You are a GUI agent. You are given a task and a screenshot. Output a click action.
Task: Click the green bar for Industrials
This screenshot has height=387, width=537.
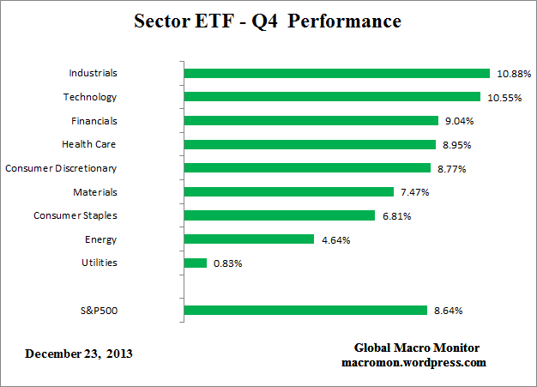[336, 74]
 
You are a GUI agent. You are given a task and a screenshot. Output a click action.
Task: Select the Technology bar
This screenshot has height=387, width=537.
[332, 97]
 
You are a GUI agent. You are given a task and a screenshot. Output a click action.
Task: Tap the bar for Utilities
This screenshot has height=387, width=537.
[196, 263]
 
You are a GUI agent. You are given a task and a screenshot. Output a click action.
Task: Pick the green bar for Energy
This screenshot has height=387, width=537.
[248, 239]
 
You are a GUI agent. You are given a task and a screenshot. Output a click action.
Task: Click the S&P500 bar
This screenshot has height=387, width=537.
[305, 310]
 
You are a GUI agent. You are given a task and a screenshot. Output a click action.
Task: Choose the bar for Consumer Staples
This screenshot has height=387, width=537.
[279, 215]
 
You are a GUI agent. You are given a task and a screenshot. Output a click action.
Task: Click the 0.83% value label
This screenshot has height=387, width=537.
[227, 263]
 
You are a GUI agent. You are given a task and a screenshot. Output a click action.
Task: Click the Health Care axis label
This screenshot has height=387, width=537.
[89, 144]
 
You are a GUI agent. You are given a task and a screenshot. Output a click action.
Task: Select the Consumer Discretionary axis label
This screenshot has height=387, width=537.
[61, 168]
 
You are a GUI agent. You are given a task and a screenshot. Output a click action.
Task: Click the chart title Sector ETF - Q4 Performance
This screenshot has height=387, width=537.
[268, 21]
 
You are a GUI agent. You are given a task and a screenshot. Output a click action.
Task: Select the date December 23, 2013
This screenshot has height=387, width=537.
[79, 354]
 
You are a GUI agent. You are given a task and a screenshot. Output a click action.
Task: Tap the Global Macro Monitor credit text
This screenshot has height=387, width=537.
[417, 348]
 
